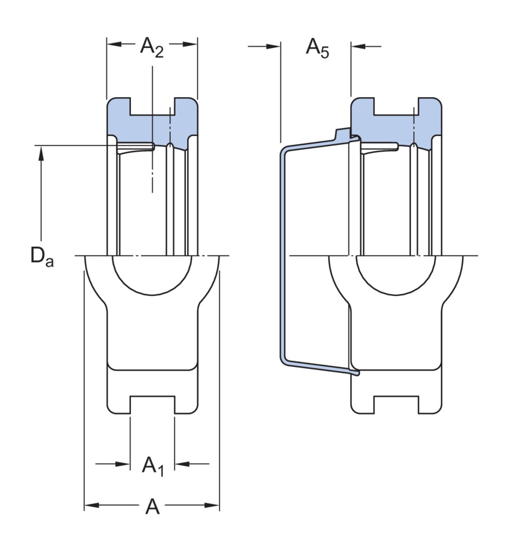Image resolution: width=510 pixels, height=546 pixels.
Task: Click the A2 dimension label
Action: (x=152, y=47)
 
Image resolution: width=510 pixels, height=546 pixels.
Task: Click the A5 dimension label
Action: (x=317, y=48)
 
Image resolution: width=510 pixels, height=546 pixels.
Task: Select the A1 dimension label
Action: (x=152, y=466)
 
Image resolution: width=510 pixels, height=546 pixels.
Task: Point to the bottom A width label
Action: (x=152, y=506)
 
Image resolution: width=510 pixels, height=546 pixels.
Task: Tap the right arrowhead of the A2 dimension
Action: (x=190, y=44)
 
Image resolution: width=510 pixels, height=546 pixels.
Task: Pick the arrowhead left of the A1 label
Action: (x=123, y=464)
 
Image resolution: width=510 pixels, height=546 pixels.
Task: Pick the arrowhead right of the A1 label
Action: (x=181, y=464)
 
